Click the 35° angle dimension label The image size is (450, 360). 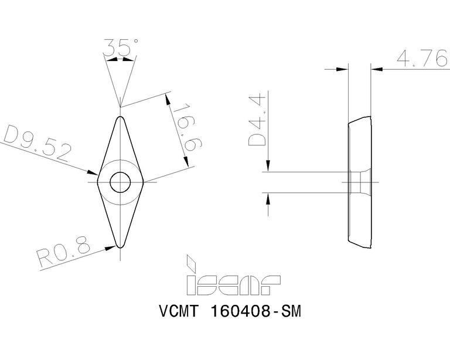tap(121, 47)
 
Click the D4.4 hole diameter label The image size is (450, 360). tap(257, 120)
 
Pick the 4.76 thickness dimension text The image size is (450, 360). tap(422, 58)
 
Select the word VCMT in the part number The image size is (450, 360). tap(179, 311)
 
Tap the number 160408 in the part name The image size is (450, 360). tap(240, 311)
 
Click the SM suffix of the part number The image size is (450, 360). tap(291, 311)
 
